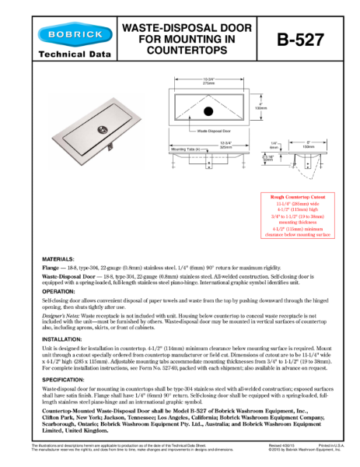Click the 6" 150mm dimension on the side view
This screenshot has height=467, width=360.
[308, 143]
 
